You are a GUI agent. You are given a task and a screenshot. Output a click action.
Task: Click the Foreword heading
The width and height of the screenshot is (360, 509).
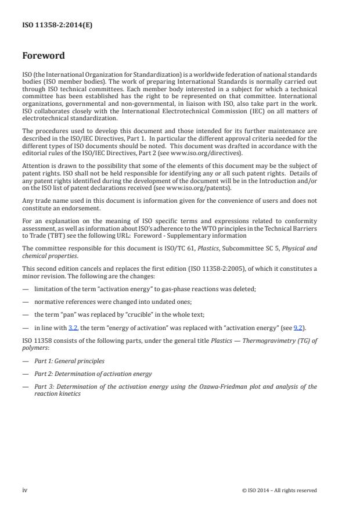(x=43, y=56)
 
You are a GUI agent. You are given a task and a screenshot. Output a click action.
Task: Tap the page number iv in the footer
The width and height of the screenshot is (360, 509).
(x=25, y=490)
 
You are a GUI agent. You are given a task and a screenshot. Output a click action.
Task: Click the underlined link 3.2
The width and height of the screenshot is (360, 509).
(x=73, y=328)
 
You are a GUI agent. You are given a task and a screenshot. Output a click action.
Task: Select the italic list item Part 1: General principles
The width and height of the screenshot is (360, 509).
(x=70, y=361)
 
